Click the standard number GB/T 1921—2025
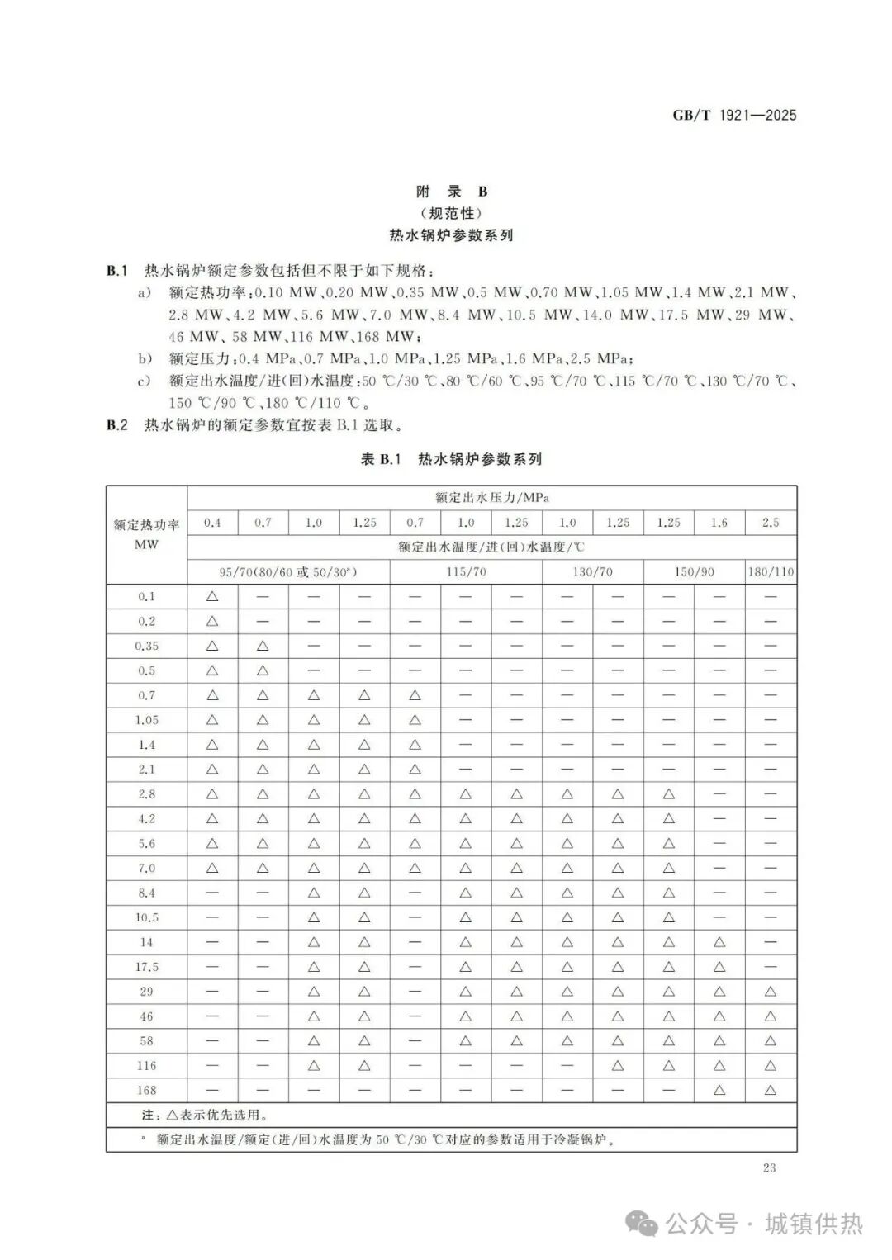click(x=734, y=116)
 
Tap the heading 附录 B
click(x=452, y=192)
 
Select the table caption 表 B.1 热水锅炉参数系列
click(x=451, y=459)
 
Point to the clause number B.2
click(x=117, y=425)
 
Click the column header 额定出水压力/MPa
click(x=491, y=498)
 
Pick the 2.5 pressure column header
click(x=770, y=523)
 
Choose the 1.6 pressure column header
click(x=719, y=523)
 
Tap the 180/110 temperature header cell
click(x=770, y=571)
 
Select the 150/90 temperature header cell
click(x=694, y=571)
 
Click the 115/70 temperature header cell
click(x=466, y=571)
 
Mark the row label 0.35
click(x=146, y=646)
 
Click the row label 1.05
click(x=146, y=720)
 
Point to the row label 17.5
click(x=146, y=967)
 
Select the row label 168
click(x=146, y=1090)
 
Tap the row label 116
click(x=146, y=1066)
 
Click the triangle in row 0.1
click(x=212, y=596)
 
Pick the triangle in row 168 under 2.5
click(x=770, y=1090)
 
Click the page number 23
click(x=769, y=1168)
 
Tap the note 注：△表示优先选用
click(x=204, y=1116)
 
